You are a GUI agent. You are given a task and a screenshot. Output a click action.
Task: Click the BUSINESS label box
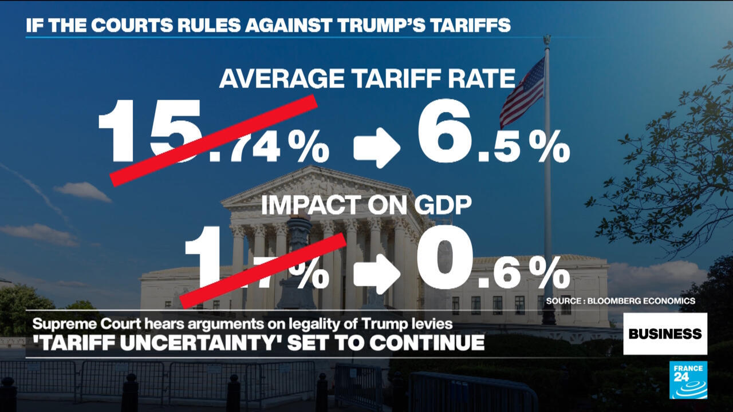coord(665,334)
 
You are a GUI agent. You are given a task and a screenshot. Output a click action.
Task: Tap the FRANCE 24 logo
coord(688,380)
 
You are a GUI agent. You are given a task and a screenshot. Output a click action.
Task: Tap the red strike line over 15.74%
coord(214,140)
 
